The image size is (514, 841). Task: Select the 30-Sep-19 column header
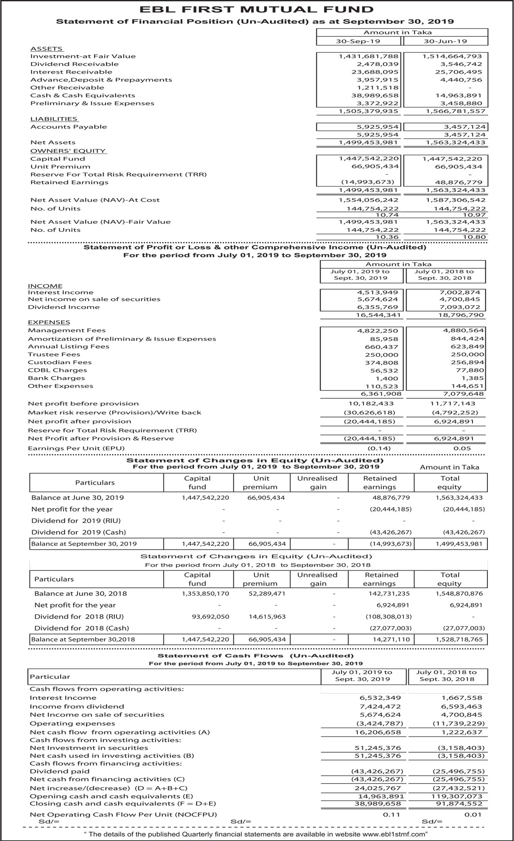[358, 41]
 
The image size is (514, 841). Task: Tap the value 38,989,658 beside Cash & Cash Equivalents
[375, 96]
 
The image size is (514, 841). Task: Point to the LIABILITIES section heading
[54, 119]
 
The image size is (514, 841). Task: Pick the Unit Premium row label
[60, 167]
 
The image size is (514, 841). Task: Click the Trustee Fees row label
[54, 354]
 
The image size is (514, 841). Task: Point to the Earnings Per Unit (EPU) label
[76, 448]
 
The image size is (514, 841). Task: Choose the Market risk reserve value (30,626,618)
[370, 412]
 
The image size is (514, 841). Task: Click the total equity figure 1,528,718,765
[459, 640]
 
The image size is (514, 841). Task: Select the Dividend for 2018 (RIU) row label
[79, 617]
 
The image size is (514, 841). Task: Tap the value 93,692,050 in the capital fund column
[206, 617]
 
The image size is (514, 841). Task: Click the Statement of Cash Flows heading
[255, 656]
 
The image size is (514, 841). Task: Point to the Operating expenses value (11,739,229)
[459, 724]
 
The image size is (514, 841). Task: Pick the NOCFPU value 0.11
[391, 814]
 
